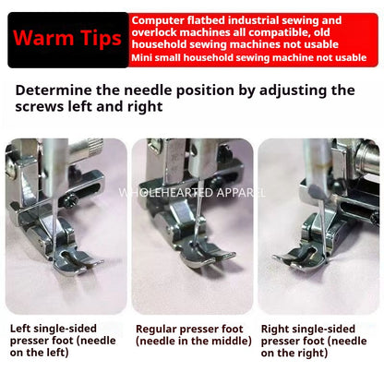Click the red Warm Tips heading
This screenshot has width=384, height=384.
(x=67, y=41)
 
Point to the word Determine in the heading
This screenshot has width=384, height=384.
(x=59, y=90)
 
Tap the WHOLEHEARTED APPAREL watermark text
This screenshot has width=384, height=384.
(x=191, y=193)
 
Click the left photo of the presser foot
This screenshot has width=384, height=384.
(x=66, y=225)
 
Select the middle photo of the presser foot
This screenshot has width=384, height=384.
(x=191, y=225)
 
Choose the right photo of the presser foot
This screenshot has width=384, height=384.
(x=318, y=225)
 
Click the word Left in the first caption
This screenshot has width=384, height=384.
(x=23, y=328)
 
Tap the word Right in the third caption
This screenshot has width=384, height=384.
(x=278, y=328)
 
